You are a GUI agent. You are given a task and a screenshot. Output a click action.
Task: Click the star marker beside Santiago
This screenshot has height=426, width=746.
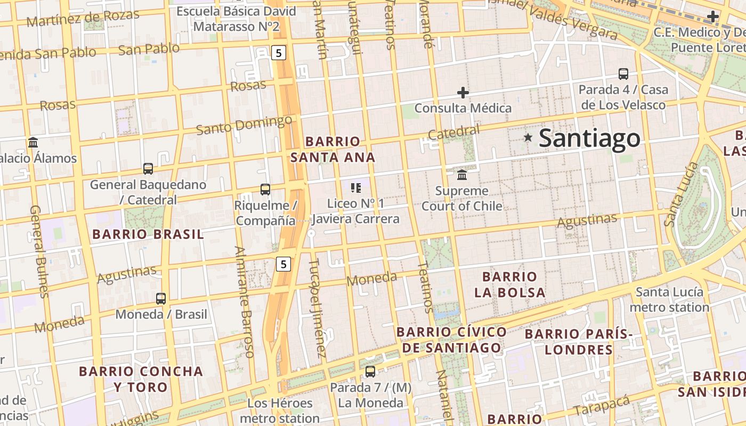click(528, 137)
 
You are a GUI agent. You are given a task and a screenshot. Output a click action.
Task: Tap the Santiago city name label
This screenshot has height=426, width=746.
click(589, 138)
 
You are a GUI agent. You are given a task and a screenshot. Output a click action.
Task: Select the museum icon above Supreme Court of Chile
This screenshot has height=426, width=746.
click(462, 175)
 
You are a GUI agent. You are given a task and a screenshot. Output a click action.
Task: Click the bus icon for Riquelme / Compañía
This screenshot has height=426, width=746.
click(265, 189)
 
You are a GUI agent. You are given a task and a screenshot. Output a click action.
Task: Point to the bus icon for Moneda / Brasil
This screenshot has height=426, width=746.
click(161, 298)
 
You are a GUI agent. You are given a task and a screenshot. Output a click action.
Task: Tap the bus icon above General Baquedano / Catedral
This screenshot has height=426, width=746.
click(148, 169)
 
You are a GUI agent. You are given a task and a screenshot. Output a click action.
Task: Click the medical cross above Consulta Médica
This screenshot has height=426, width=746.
click(463, 93)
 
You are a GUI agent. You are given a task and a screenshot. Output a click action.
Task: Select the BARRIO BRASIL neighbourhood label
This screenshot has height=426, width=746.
click(148, 234)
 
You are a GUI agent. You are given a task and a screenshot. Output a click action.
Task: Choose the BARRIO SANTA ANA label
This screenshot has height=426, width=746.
click(333, 150)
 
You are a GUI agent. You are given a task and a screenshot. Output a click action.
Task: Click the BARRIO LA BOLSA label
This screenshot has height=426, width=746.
click(510, 284)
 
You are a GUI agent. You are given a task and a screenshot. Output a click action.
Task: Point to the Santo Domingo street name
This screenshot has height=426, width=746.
click(244, 126)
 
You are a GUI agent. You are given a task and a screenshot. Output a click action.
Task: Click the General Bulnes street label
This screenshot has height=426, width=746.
click(40, 251)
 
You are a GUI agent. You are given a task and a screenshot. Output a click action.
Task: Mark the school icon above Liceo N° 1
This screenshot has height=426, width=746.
click(356, 187)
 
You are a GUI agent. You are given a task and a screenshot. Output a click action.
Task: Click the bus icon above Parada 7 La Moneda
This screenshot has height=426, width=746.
click(370, 371)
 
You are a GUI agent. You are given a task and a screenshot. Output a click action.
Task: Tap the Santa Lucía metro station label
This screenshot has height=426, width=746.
click(669, 299)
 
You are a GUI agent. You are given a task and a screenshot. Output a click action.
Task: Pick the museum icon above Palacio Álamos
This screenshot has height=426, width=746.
click(33, 142)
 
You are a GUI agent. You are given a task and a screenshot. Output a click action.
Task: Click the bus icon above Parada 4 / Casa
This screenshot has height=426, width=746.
click(623, 74)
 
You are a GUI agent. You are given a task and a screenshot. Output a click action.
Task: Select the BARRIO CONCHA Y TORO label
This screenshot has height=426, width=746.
click(141, 379)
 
